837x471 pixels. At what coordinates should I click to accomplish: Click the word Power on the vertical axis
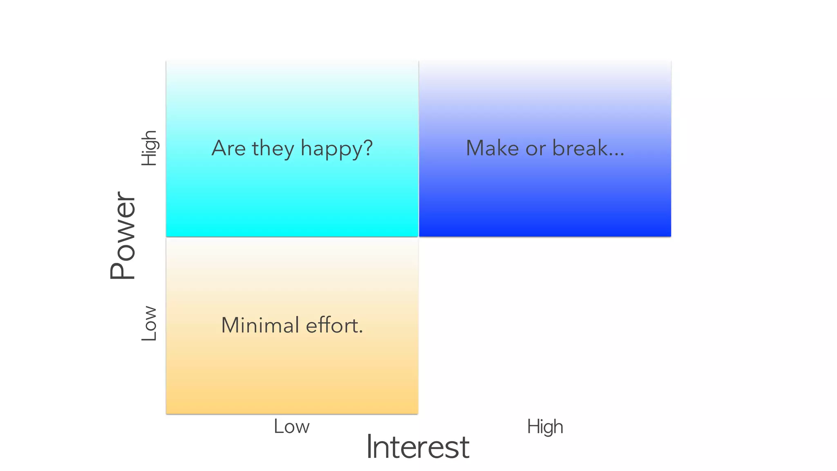click(123, 235)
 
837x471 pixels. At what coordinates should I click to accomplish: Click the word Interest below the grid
click(418, 447)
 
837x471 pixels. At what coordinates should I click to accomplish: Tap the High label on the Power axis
click(149, 148)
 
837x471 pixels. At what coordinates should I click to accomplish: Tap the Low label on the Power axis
click(149, 323)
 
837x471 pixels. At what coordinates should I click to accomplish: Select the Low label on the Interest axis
click(291, 426)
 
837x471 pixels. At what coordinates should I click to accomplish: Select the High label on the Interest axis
click(545, 427)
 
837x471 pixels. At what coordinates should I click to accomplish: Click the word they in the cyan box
click(273, 149)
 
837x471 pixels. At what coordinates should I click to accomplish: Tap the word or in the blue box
click(536, 149)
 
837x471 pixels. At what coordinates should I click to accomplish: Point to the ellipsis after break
click(617, 155)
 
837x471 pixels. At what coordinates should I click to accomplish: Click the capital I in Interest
click(369, 446)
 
